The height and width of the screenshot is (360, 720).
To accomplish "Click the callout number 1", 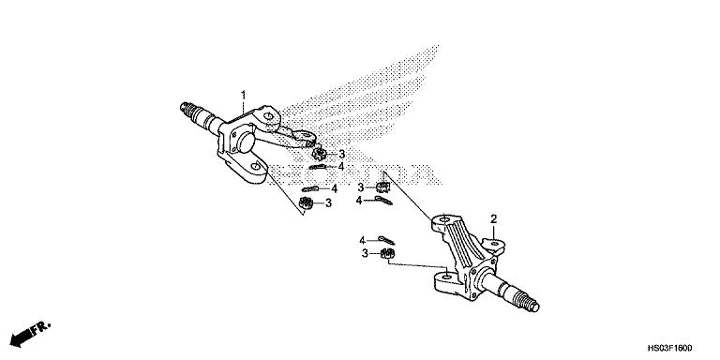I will (243, 95).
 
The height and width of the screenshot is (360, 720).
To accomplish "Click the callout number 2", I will (493, 218).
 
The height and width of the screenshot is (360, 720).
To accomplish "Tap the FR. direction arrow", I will (28, 333).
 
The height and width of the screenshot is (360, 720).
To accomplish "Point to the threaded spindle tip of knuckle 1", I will (194, 110).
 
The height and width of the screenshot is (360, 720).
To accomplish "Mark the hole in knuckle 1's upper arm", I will (270, 120).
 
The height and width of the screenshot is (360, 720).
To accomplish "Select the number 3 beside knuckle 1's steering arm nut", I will (342, 154).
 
